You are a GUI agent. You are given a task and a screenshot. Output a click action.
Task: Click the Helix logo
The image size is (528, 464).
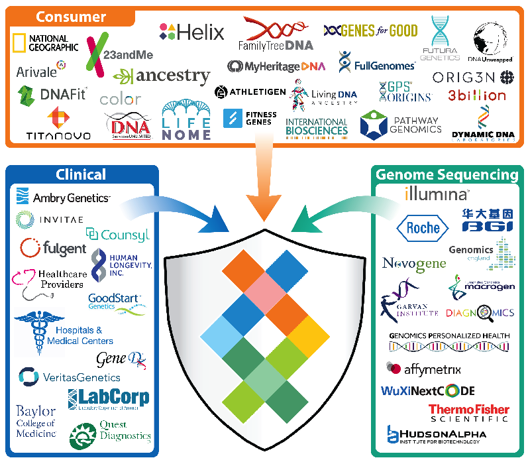pyautogui.click(x=192, y=31)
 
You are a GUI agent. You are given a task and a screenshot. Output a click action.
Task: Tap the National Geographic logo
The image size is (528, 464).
pyautogui.click(x=44, y=43)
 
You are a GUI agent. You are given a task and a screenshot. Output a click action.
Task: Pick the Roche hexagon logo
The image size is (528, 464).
pyautogui.click(x=422, y=227)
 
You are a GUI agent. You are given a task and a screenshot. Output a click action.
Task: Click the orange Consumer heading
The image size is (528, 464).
pyautogui.click(x=71, y=16)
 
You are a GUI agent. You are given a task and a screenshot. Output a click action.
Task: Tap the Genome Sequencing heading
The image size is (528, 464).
pyautogui.click(x=447, y=175)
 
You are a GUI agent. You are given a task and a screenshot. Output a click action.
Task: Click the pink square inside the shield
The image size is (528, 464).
pyautogui.click(x=264, y=289)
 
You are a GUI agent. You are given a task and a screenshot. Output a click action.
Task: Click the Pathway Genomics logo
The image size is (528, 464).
pyautogui.click(x=400, y=125)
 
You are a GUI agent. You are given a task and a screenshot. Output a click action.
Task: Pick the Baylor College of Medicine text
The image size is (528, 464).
pyautogui.click(x=36, y=422)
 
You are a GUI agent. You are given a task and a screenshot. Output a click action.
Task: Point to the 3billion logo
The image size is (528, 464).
pyautogui.click(x=476, y=95)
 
